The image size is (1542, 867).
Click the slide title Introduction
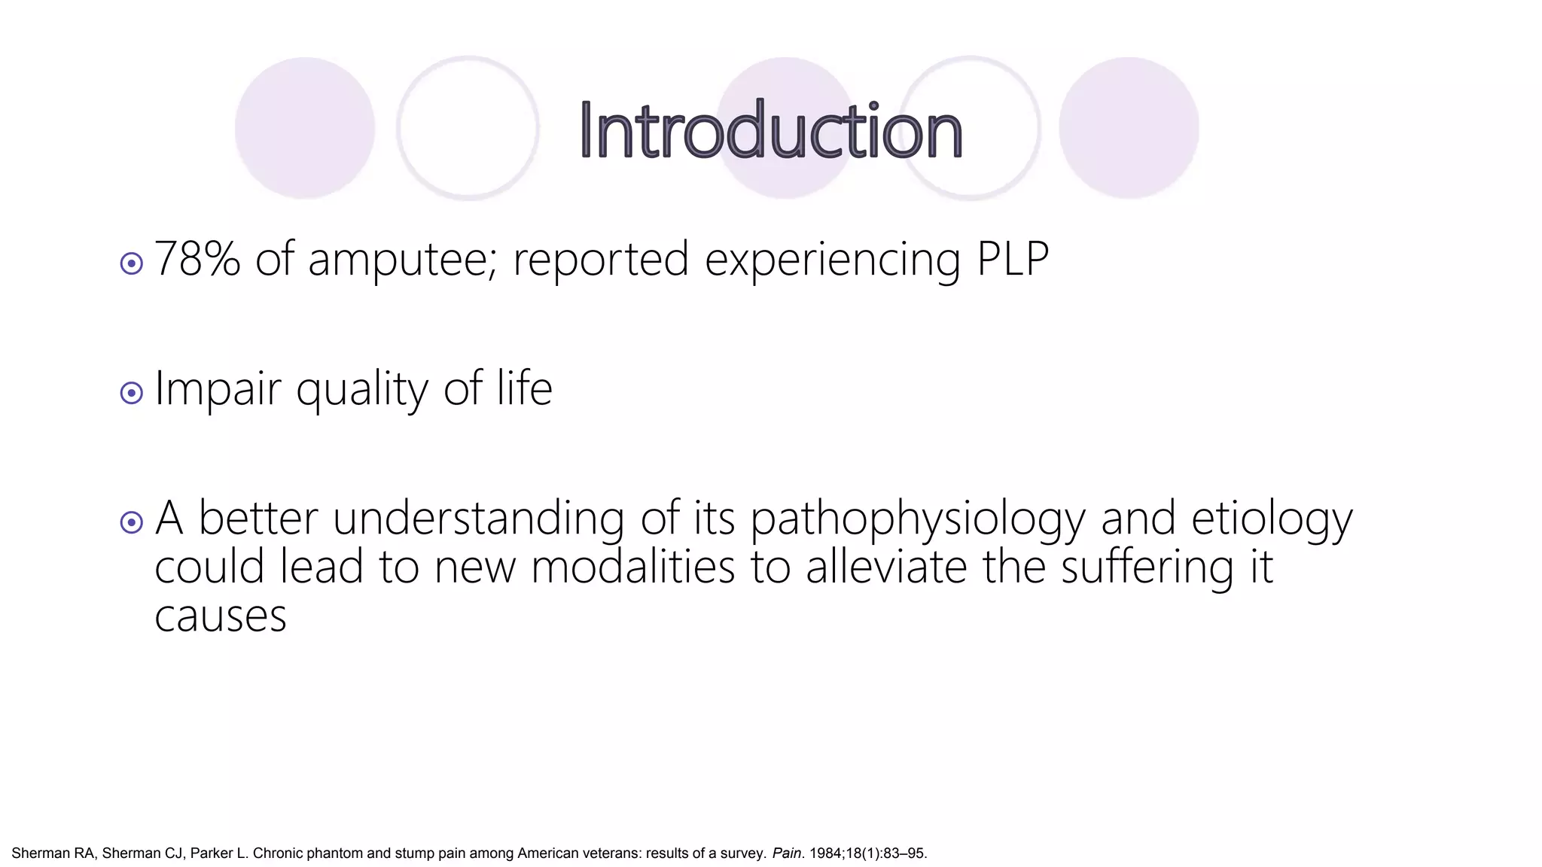click(770, 131)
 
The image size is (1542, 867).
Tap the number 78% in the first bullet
click(197, 260)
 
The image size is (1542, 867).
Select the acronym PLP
click(1013, 260)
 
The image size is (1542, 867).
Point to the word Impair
click(218, 390)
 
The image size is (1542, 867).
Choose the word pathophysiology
click(918, 519)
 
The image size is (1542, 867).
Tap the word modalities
click(632, 567)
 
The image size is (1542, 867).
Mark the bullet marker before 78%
click(132, 263)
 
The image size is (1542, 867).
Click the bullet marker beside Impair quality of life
click(132, 393)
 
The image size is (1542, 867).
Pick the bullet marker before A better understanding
click(132, 522)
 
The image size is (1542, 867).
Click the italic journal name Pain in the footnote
click(787, 853)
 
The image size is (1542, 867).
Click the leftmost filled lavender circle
click(305, 128)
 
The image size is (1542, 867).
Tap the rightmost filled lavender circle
click(1129, 128)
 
